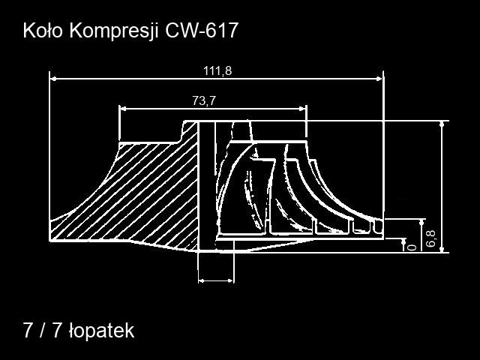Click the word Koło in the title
pos(43,31)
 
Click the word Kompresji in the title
pos(113,31)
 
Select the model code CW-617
pos(202,31)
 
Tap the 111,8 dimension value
pos(217,71)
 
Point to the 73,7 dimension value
pos(204,100)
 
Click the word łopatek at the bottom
pos(102,331)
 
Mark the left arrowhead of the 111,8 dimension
pos(53,79)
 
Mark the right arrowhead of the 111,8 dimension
pos(379,79)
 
